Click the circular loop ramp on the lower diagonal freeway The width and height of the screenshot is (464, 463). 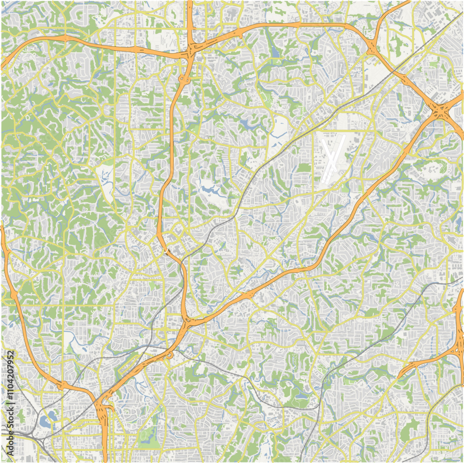170,355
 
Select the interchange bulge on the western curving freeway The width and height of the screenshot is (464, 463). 13,294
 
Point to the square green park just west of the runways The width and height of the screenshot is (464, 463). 304,167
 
